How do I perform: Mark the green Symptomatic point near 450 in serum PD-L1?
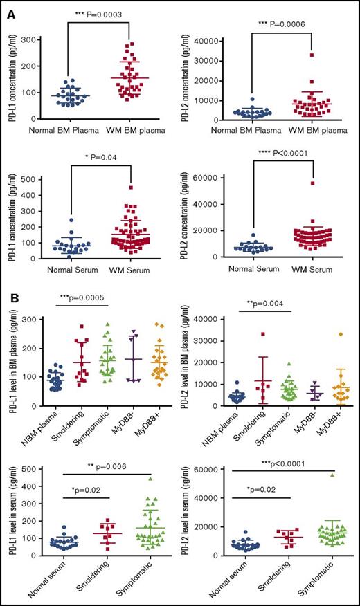click(147, 478)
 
